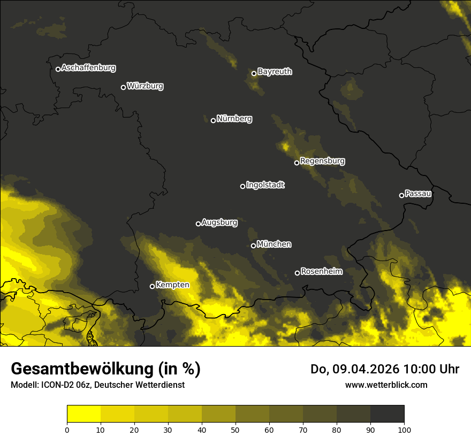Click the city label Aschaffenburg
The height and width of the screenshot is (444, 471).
tap(88, 68)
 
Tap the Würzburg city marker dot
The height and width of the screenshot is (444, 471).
tap(123, 87)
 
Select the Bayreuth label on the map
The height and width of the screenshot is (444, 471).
tap(275, 72)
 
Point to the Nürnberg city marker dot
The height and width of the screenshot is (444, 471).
tap(213, 120)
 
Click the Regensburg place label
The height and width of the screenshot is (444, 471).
tap(322, 161)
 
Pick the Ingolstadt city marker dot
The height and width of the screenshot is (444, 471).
tap(242, 186)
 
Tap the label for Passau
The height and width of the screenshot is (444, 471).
tap(418, 194)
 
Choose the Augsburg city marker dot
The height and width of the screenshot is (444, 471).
tap(198, 224)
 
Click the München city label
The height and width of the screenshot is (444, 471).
tap(274, 244)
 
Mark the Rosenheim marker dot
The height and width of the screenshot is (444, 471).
tap(297, 273)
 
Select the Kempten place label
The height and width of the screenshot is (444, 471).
tap(172, 285)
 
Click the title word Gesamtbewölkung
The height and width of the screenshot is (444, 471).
tap(82, 369)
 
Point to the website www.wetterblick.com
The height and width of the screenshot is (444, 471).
tap(386, 385)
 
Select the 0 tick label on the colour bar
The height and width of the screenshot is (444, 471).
tap(67, 429)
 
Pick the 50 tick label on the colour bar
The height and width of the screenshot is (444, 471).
tap(236, 429)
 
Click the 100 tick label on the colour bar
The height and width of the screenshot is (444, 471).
tap(404, 429)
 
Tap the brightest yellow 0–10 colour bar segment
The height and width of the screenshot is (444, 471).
tap(83, 414)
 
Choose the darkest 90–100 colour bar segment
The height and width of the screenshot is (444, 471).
tap(387, 414)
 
